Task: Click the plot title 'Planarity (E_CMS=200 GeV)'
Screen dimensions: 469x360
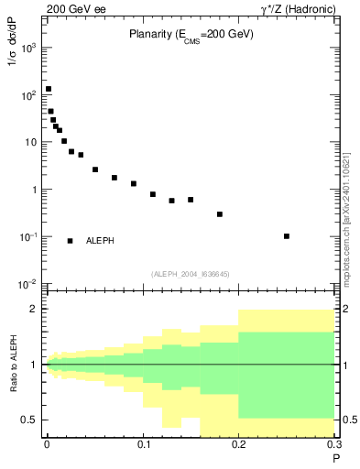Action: (191, 34)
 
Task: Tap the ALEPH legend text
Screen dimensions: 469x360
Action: (100, 241)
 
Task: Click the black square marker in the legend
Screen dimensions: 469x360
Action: (70, 241)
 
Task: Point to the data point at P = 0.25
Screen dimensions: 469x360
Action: (287, 236)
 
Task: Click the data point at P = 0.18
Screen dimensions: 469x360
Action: (220, 214)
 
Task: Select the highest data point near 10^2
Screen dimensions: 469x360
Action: (48, 90)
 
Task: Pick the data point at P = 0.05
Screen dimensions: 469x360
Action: (95, 169)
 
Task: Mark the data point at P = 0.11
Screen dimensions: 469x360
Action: (153, 194)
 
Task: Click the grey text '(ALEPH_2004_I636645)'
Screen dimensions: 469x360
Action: (191, 274)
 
